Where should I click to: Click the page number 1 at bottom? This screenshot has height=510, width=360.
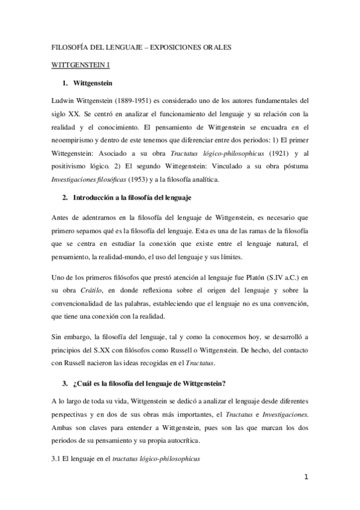(306, 478)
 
